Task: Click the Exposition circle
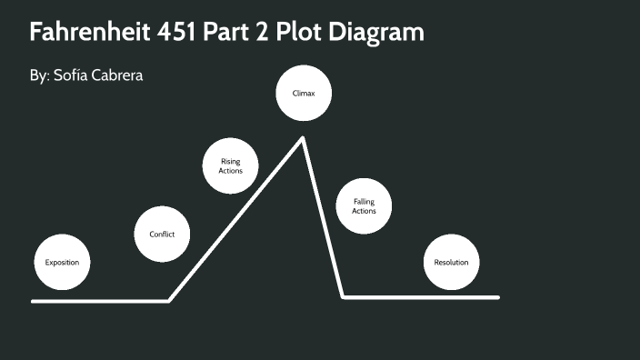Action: pyautogui.click(x=62, y=262)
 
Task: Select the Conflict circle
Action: pyautogui.click(x=162, y=235)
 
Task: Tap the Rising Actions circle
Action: pyautogui.click(x=230, y=165)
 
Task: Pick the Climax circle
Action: pyautogui.click(x=303, y=94)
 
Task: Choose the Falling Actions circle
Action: pyautogui.click(x=364, y=205)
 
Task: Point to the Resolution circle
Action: pyautogui.click(x=451, y=262)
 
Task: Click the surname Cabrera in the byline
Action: pyautogui.click(x=119, y=75)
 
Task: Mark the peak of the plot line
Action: pyautogui.click(x=302, y=138)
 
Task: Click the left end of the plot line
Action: pyautogui.click(x=33, y=301)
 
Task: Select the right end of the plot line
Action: pyautogui.click(x=498, y=297)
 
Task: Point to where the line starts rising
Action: pyautogui.click(x=169, y=300)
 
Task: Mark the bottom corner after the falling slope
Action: pyautogui.click(x=343, y=297)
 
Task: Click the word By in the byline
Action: pyautogui.click(x=39, y=75)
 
